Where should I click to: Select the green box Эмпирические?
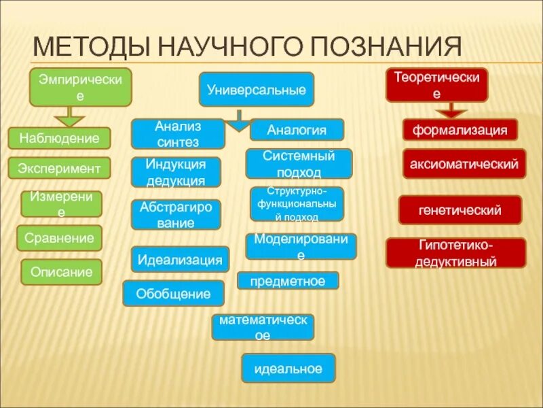(80, 88)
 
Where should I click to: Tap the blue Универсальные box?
(256, 89)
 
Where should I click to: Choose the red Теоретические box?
(437, 85)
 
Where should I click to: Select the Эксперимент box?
(59, 168)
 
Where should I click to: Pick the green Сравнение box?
(59, 238)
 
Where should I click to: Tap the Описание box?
(61, 271)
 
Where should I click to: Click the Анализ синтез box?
(178, 134)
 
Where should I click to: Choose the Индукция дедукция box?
(176, 172)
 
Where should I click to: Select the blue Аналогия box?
(297, 129)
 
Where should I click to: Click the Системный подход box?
(299, 164)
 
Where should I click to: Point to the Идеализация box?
(180, 259)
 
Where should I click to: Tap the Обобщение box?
(173, 294)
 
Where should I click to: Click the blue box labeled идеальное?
(288, 368)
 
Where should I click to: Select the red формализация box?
(460, 130)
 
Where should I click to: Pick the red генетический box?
(460, 209)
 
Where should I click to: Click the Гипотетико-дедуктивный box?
(455, 252)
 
